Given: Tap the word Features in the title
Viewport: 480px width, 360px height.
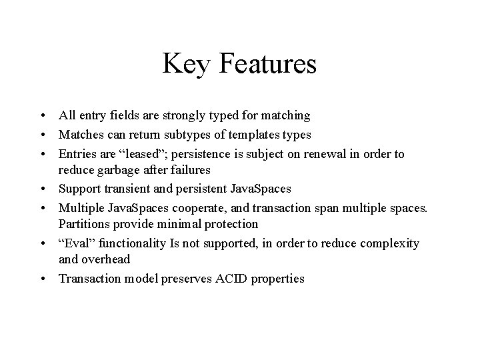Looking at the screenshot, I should (x=266, y=65).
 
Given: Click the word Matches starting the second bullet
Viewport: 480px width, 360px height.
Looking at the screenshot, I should (x=80, y=135).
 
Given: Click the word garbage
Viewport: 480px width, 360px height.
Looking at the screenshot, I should (x=119, y=169).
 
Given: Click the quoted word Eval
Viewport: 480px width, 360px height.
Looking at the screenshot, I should (x=75, y=243).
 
